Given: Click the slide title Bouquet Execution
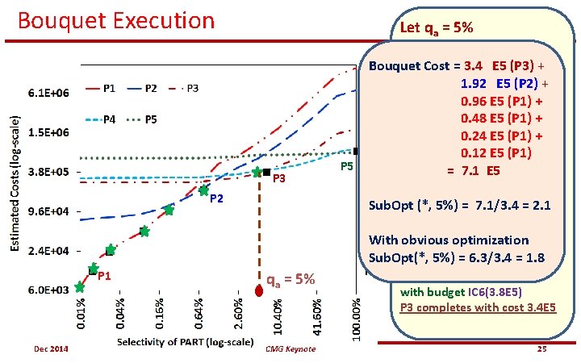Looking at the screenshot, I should coord(116,20).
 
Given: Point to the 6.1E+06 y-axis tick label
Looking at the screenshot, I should coord(48,94).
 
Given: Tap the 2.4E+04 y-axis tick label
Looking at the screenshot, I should coord(48,251).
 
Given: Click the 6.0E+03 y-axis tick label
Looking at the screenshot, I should coord(48,290).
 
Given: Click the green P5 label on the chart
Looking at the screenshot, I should coord(346,166).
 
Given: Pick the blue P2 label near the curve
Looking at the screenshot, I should coord(217,198).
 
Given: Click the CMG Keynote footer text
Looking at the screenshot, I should coord(290,348).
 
